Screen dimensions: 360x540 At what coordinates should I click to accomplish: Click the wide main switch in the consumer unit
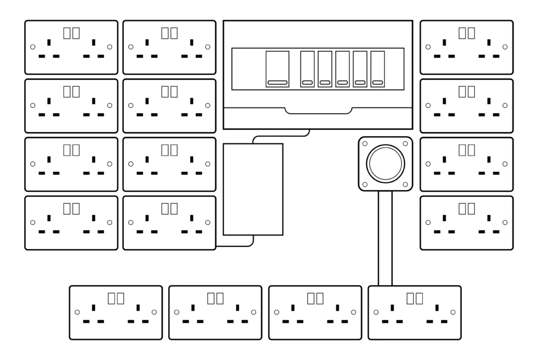point(277,69)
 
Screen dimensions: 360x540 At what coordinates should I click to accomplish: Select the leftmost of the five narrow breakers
point(307,69)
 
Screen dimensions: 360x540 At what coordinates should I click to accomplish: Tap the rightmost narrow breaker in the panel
point(377,69)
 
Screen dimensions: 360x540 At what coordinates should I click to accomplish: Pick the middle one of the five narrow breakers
point(343,69)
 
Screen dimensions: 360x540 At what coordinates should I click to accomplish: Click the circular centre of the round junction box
point(385,164)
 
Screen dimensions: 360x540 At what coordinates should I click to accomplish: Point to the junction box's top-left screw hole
point(365,143)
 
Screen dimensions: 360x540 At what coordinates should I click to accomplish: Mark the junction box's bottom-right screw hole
point(405,184)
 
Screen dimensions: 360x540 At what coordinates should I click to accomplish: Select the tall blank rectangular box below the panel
point(253,189)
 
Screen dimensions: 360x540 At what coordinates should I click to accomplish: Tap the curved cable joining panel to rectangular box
point(281,136)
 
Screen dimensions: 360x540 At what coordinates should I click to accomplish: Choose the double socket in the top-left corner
point(71,48)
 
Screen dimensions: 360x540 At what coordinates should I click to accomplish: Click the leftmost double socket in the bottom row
point(116,313)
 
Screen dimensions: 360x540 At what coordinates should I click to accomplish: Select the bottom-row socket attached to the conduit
point(415,313)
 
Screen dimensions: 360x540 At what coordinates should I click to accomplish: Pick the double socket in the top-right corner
point(466,48)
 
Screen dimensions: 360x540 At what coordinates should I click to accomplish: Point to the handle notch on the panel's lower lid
point(318,111)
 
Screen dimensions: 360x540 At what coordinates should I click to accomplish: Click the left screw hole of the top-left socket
point(33,47)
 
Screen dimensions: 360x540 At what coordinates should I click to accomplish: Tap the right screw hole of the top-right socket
point(505,47)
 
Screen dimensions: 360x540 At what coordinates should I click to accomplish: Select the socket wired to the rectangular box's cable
point(169,223)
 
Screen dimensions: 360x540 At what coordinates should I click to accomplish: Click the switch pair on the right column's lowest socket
point(466,208)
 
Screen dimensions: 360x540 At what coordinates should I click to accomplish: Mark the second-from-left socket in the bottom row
point(215,313)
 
